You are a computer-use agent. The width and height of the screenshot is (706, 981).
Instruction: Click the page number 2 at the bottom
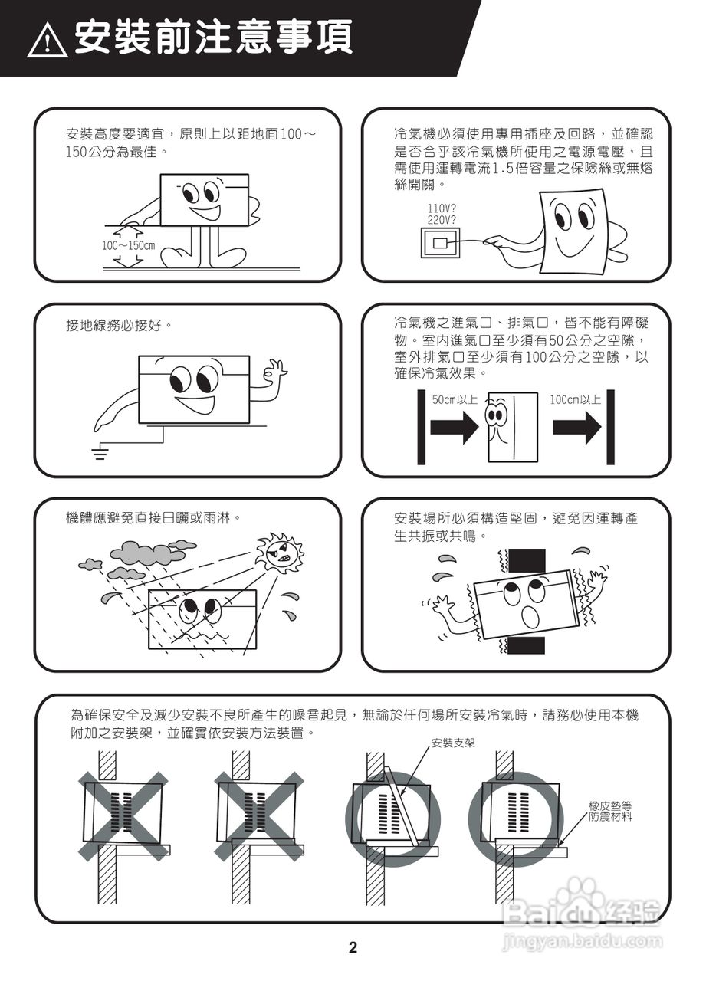point(353,947)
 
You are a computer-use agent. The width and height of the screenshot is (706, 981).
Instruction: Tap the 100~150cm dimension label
point(129,246)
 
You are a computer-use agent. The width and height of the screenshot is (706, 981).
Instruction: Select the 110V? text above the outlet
point(442,208)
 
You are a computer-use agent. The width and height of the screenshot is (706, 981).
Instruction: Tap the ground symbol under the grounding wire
point(100,454)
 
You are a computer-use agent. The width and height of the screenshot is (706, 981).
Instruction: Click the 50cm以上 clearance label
point(455,399)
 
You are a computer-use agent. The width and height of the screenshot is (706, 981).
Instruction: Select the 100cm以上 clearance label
point(576,399)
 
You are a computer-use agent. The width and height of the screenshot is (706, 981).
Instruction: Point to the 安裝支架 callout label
point(453,743)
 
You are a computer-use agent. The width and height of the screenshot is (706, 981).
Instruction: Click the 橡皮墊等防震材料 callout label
point(610,812)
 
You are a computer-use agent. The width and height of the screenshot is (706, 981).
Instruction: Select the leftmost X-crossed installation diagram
point(123,815)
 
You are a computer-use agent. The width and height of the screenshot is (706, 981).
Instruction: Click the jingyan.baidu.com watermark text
point(583,940)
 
